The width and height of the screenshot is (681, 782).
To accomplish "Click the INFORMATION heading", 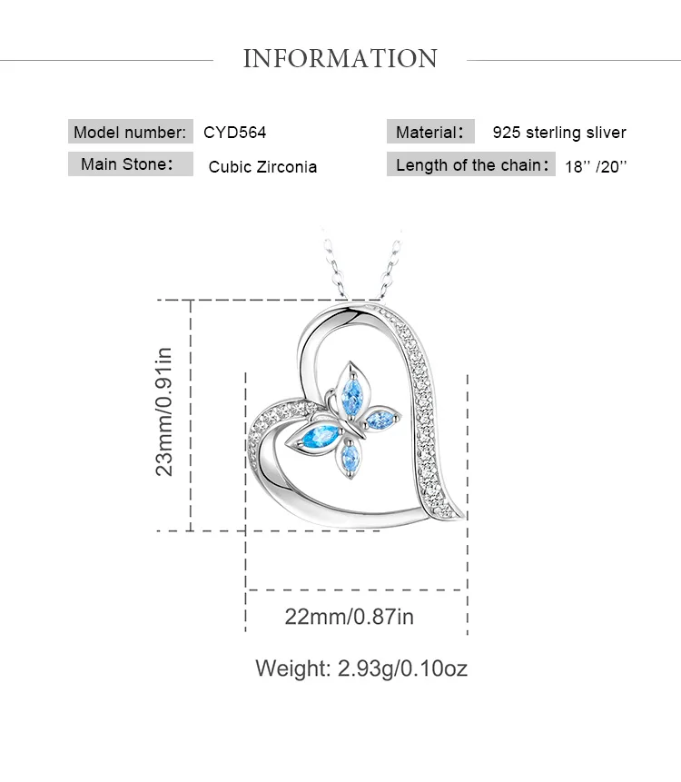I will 340,59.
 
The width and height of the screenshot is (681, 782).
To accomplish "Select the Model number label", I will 131,132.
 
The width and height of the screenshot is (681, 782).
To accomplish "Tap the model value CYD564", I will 235,132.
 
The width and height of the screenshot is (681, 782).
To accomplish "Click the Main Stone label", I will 126,164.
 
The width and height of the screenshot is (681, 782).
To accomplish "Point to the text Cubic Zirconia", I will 262,166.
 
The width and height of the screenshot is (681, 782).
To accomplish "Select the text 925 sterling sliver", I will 559,133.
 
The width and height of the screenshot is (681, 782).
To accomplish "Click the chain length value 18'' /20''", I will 597,166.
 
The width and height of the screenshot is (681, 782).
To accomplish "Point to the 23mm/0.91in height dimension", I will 164,411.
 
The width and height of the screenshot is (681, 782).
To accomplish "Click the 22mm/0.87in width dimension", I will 349,617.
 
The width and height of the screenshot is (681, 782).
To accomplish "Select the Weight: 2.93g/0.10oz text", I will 361,669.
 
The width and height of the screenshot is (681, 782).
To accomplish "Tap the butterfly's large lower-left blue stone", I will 318,439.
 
